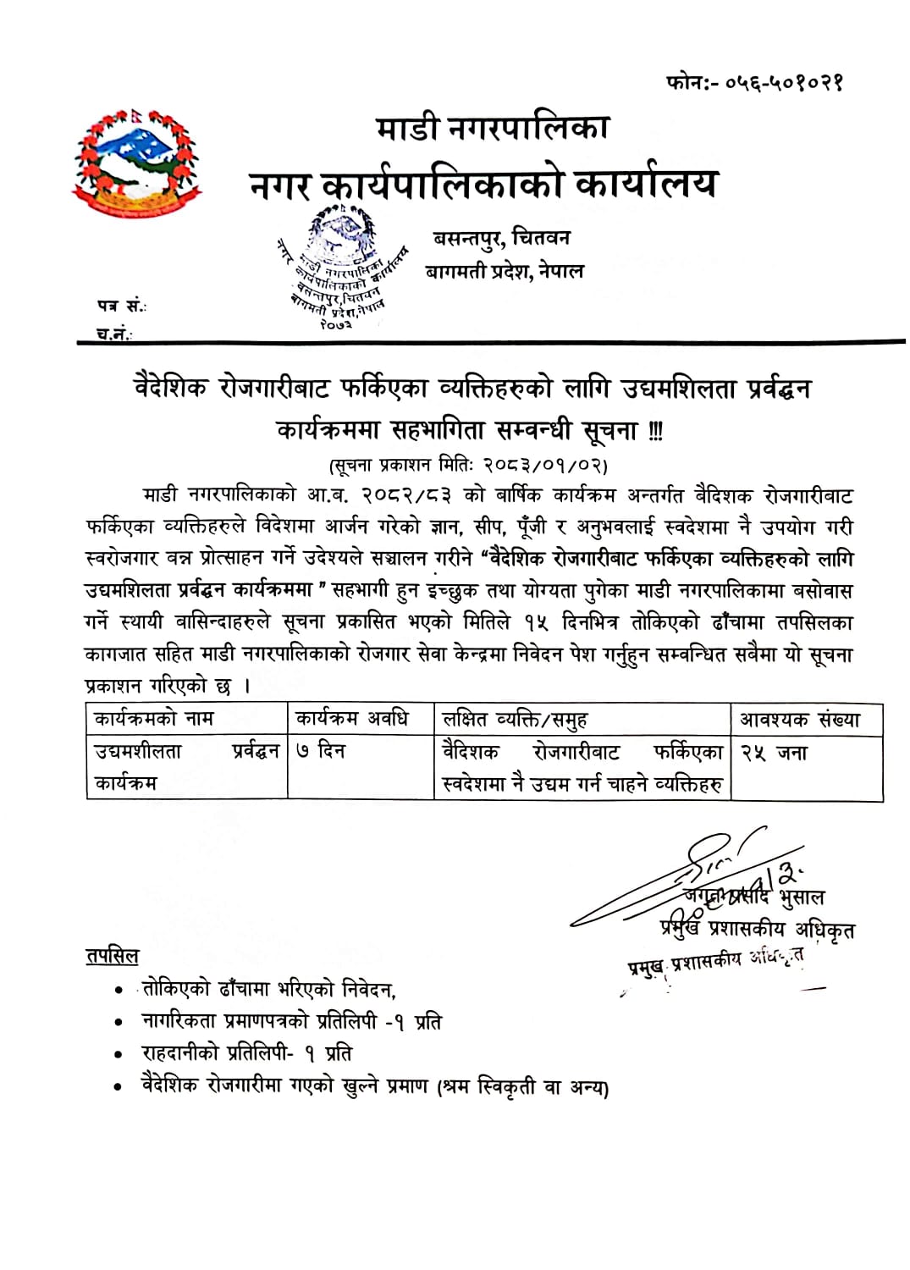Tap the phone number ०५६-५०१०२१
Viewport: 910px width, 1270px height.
pyautogui.click(x=755, y=83)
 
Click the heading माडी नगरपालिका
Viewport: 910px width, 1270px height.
pyautogui.click(x=493, y=129)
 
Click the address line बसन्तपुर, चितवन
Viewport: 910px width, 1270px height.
pyautogui.click(x=501, y=238)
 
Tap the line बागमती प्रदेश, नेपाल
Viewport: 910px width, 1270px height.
pyautogui.click(x=505, y=271)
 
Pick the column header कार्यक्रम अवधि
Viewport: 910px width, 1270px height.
pyautogui.click(x=352, y=720)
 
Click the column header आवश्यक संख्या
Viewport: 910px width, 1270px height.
pyautogui.click(x=800, y=720)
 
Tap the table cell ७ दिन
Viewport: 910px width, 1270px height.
pyautogui.click(x=321, y=751)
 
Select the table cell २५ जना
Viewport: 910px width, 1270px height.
pyautogui.click(x=774, y=752)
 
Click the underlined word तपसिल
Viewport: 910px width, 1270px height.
pyautogui.click(x=112, y=956)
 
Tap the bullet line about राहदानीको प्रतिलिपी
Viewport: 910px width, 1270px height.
pyautogui.click(x=246, y=1054)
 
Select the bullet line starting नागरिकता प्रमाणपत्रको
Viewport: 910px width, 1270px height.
pyautogui.click(x=291, y=1022)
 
